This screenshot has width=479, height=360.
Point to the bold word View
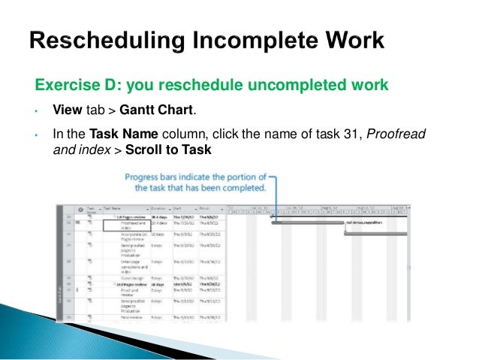[67, 111]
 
